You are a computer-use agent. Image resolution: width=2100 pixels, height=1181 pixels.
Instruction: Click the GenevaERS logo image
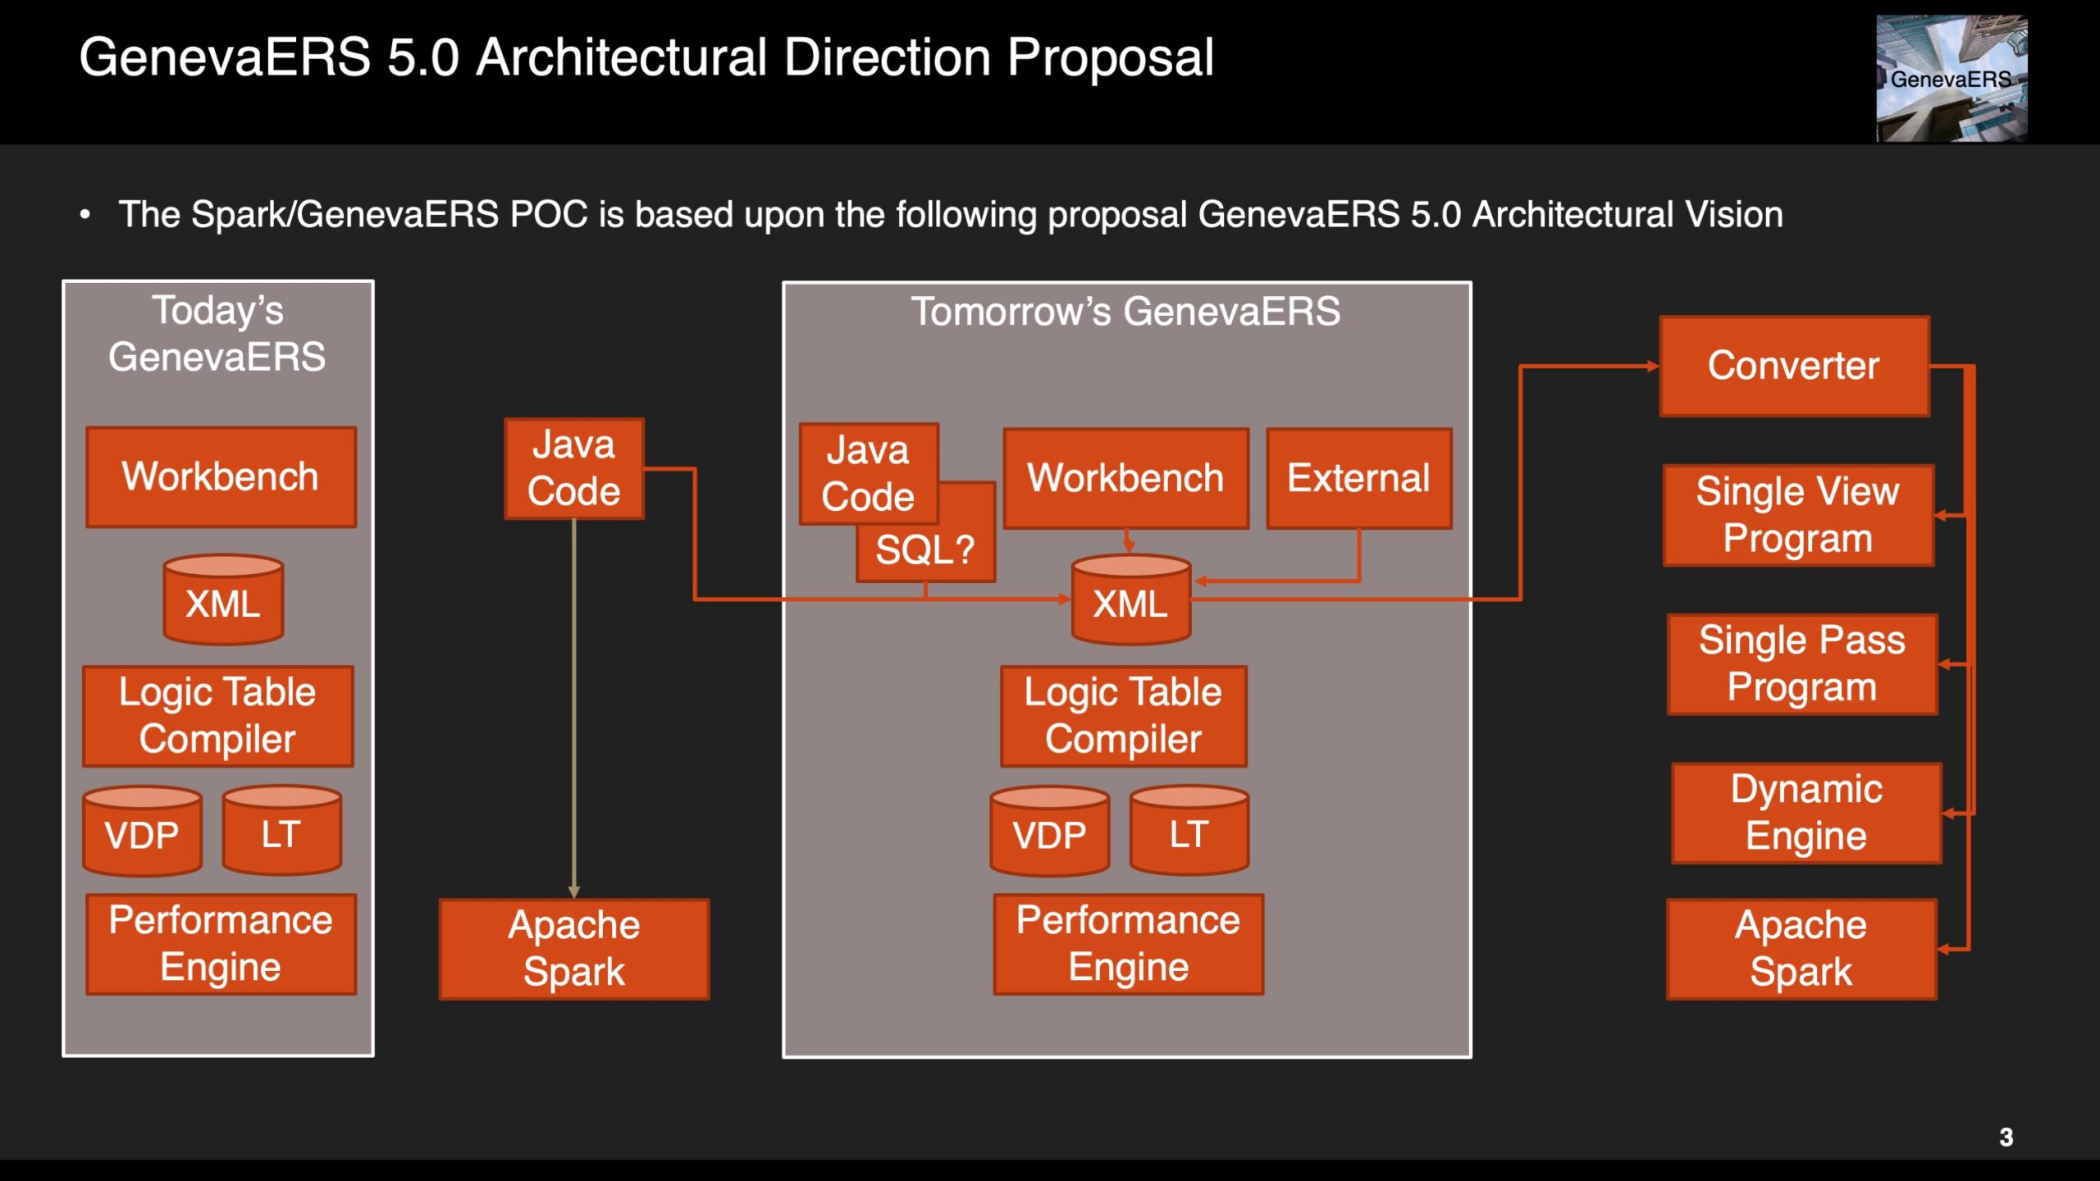(1952, 78)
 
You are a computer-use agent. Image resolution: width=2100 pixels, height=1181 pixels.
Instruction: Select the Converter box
(1794, 366)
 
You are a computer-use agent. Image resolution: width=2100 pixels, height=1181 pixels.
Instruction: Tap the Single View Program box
(1798, 515)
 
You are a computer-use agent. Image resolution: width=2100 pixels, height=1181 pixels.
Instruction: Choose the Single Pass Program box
(1802, 664)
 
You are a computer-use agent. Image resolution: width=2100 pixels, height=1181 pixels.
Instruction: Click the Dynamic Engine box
(1806, 813)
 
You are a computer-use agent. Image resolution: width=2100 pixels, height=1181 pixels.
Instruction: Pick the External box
(1358, 478)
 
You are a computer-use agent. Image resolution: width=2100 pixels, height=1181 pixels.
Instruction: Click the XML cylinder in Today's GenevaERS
(223, 600)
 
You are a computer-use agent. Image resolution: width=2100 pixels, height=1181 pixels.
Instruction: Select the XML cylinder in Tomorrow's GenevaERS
(1130, 600)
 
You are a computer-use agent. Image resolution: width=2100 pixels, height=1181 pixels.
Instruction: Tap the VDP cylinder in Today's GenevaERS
(142, 831)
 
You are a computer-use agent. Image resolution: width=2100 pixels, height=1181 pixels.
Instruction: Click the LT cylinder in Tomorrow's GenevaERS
(1189, 830)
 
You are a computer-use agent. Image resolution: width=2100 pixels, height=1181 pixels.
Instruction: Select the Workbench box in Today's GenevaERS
(221, 477)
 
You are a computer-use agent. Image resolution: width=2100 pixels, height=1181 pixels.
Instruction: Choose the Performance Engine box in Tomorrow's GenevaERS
(1128, 944)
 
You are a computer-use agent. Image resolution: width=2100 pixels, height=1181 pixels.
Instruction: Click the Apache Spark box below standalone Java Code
(574, 949)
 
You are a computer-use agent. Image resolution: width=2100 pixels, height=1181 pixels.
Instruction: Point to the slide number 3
(2006, 1138)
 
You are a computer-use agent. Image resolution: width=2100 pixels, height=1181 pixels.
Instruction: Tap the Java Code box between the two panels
(574, 468)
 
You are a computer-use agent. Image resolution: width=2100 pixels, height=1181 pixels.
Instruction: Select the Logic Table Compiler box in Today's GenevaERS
(218, 716)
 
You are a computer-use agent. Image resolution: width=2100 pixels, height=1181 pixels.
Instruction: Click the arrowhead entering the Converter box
(1653, 367)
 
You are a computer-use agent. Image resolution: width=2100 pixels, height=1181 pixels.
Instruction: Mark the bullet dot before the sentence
(84, 215)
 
